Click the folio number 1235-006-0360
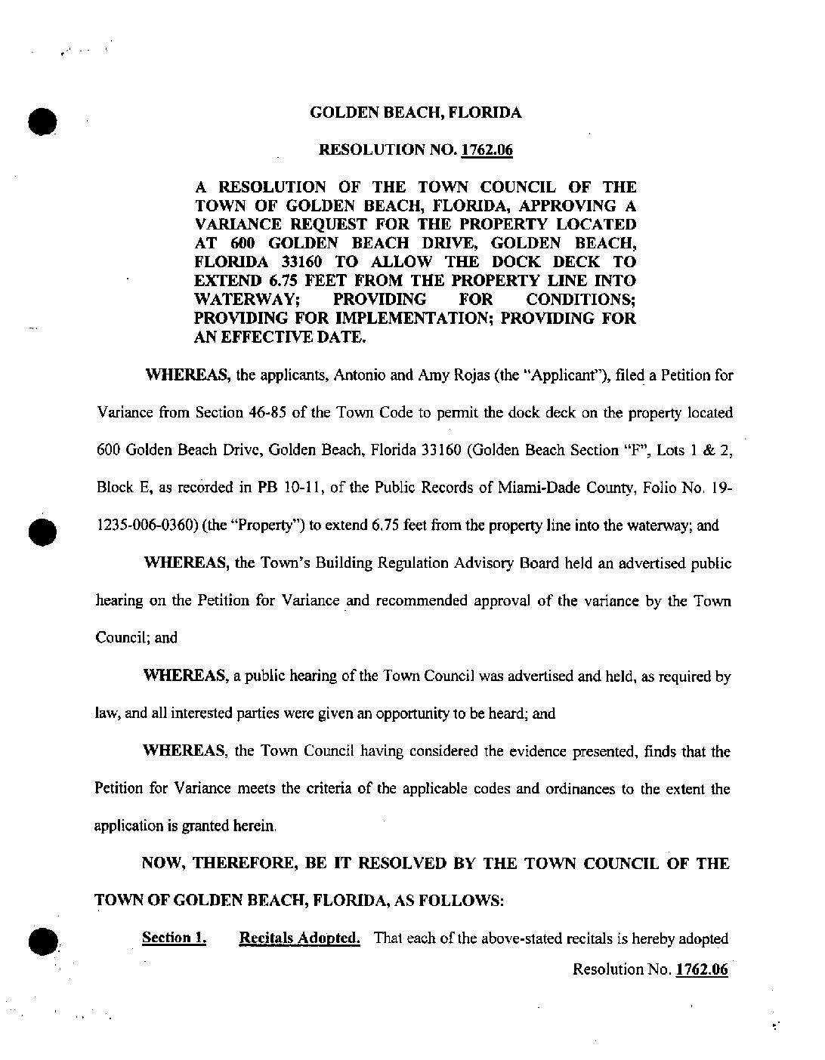pos(144,526)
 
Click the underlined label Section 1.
pos(175,938)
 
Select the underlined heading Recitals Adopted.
pos(299,938)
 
